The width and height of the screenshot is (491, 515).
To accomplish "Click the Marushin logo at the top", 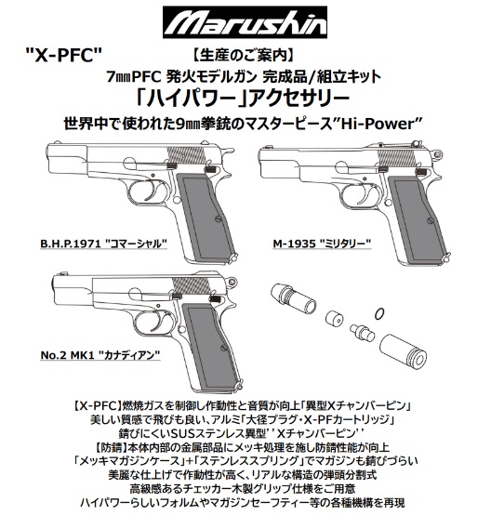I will [245, 20].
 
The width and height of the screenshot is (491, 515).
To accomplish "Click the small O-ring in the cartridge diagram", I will [378, 311].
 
